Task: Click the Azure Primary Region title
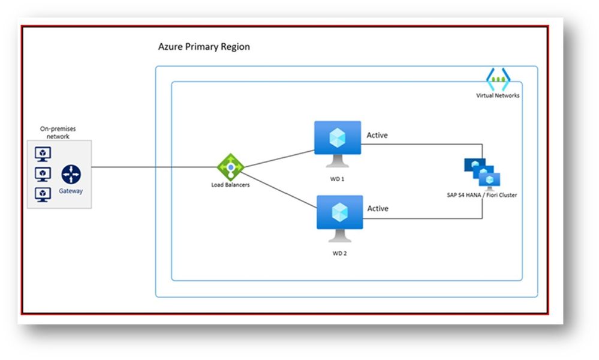click(204, 47)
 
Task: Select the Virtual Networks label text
click(498, 95)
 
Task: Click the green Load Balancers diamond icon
click(230, 167)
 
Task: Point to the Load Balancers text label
click(230, 185)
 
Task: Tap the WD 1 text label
click(339, 179)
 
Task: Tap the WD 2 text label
click(339, 253)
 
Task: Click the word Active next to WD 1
click(377, 136)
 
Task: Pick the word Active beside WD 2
click(377, 209)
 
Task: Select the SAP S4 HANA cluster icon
click(482, 173)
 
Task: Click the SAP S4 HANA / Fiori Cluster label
click(482, 196)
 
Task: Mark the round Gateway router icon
click(71, 175)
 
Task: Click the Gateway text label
click(71, 191)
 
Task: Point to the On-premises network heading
click(58, 133)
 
